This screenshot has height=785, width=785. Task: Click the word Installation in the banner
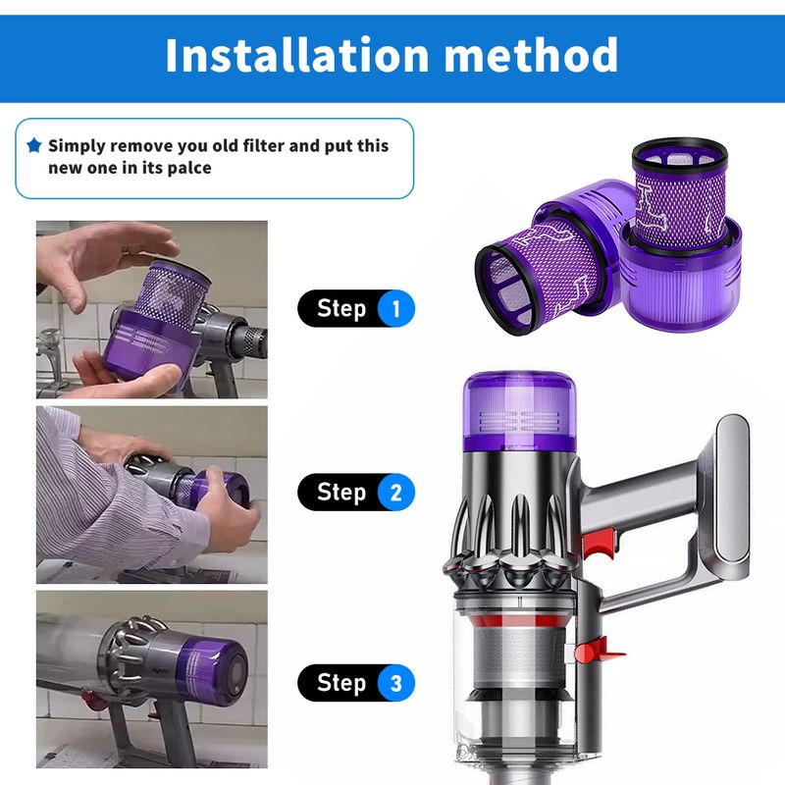tap(297, 55)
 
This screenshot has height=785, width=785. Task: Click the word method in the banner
tap(531, 55)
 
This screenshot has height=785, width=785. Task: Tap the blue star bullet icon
tap(34, 145)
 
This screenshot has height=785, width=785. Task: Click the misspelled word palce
tap(189, 168)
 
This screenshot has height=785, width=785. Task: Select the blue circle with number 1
tap(396, 308)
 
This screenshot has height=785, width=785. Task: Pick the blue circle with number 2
tap(396, 493)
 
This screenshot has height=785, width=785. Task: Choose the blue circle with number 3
tap(396, 683)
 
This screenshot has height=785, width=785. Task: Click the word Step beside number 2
tap(341, 493)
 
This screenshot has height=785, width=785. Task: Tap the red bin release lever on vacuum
tap(599, 651)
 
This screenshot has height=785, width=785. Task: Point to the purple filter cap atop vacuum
tap(520, 411)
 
